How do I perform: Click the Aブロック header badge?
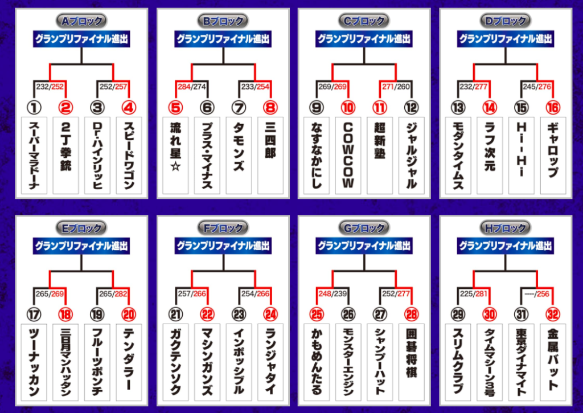[82, 21]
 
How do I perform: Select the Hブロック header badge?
[506, 228]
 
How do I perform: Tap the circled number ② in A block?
[66, 107]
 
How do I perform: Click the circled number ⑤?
[175, 107]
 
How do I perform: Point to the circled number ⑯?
[552, 107]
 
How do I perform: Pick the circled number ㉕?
[317, 314]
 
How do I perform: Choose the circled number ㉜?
[552, 314]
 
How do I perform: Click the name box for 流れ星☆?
[176, 155]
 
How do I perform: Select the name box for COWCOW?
[348, 155]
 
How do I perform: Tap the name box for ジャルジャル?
[412, 155]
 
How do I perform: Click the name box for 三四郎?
[270, 155]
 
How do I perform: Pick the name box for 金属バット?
[553, 362]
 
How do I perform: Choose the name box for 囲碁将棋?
[412, 362]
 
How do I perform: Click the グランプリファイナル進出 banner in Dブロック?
[506, 39]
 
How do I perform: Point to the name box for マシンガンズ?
[207, 362]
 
